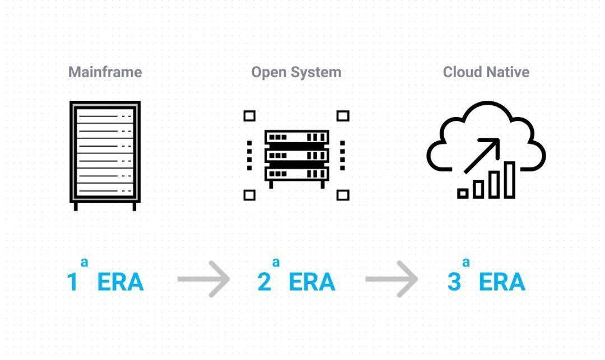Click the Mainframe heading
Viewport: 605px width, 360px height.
(x=105, y=72)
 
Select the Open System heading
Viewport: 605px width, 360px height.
(x=296, y=72)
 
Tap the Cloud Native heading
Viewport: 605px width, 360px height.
(x=486, y=72)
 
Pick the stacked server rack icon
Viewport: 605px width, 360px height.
(x=296, y=157)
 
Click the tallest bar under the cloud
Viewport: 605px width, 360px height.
(x=509, y=180)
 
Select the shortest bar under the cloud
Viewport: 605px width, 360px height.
(x=463, y=194)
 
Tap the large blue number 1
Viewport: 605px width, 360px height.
(x=72, y=282)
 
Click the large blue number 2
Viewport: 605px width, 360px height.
(x=264, y=282)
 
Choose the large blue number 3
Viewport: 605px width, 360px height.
(x=454, y=282)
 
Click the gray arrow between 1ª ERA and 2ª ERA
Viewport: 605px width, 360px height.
(x=203, y=279)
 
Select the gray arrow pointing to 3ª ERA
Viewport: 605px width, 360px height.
(x=392, y=279)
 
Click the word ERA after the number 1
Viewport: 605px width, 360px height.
(x=120, y=282)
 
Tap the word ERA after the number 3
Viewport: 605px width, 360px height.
(x=502, y=282)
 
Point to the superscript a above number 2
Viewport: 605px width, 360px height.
(x=276, y=262)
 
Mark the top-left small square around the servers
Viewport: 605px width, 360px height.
(x=250, y=116)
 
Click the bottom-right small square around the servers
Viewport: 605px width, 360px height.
(x=343, y=195)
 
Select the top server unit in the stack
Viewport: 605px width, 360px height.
(x=296, y=137)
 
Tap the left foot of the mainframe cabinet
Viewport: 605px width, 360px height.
(x=76, y=207)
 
